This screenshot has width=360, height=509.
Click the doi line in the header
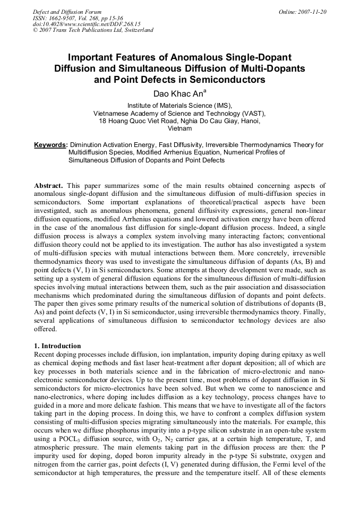click(x=87, y=24)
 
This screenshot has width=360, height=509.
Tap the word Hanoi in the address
click(x=249, y=121)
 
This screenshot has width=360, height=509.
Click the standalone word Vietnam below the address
click(x=179, y=128)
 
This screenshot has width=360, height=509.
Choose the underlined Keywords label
click(x=50, y=144)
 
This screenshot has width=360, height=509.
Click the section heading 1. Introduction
click(x=57, y=346)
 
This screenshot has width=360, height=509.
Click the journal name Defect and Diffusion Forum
click(x=67, y=12)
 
